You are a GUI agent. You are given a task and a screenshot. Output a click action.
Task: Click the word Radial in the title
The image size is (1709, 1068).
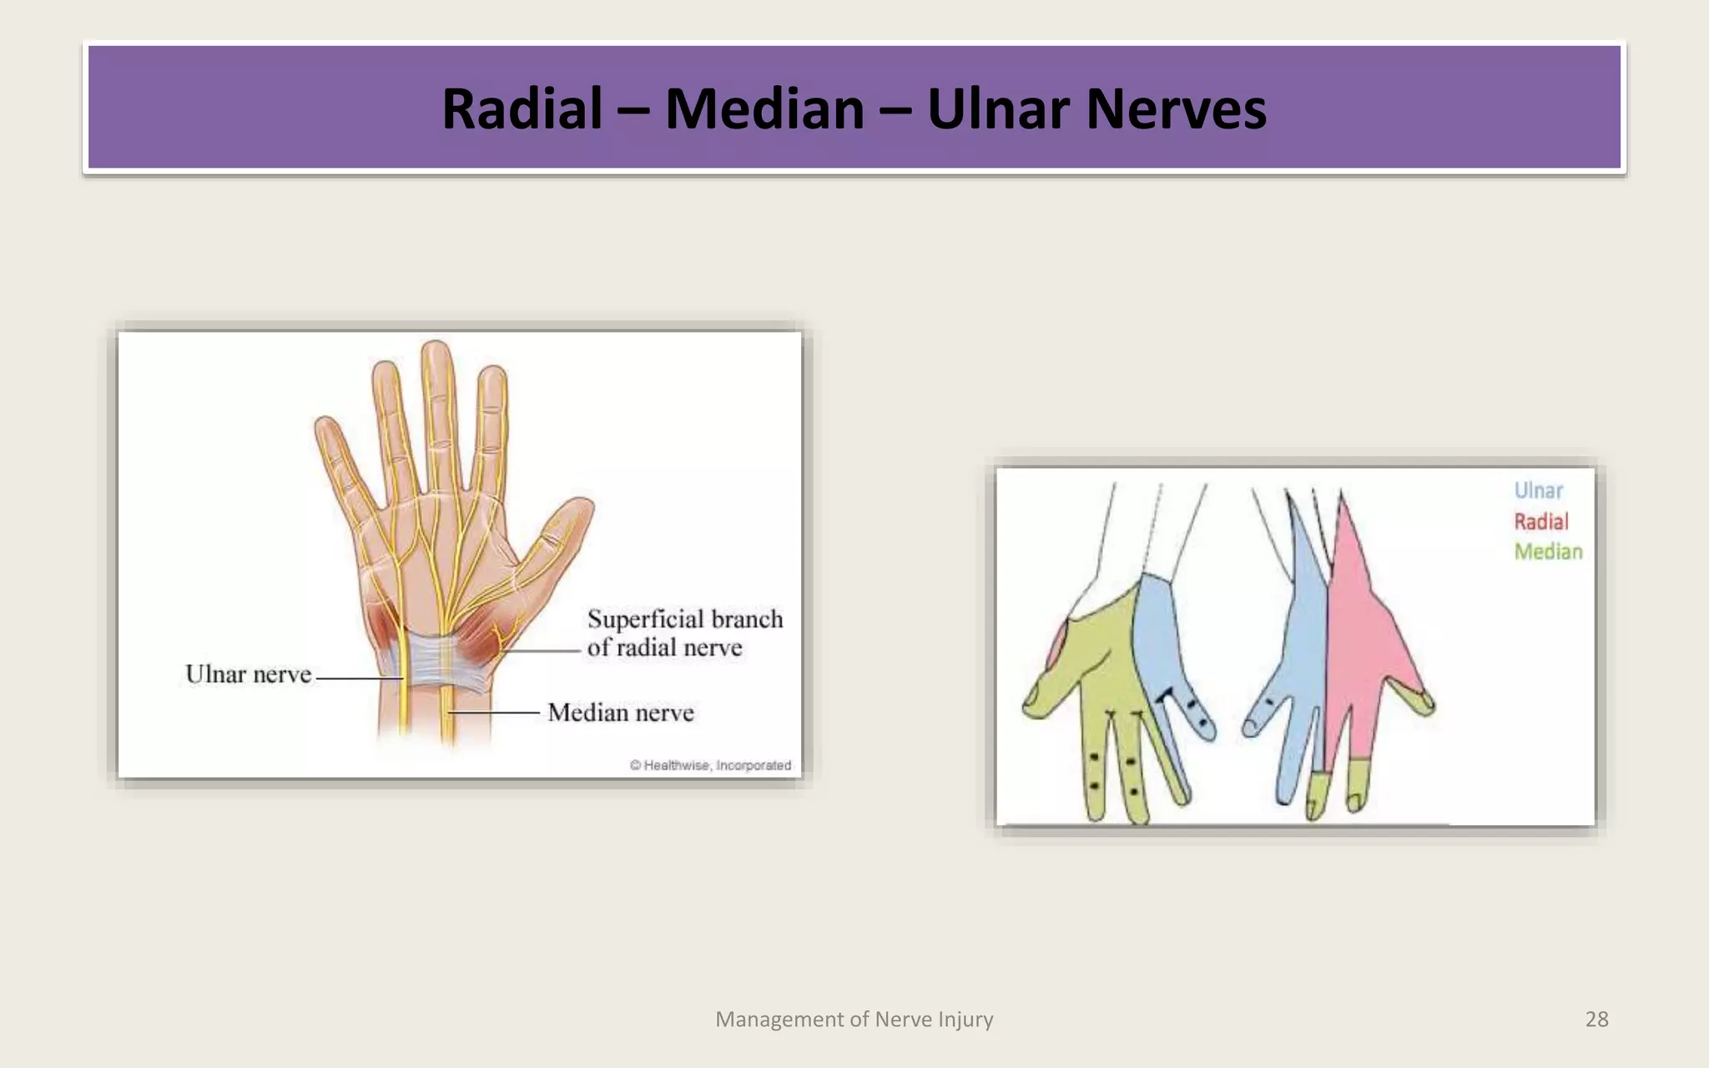(x=522, y=109)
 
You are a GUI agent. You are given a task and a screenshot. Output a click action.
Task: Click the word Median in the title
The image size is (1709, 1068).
(x=764, y=109)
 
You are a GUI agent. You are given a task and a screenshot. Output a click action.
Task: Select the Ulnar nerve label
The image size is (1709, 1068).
(x=248, y=674)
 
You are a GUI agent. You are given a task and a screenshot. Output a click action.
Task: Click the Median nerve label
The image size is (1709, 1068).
(x=620, y=713)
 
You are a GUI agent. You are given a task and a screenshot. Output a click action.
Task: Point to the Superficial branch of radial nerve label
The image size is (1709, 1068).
(x=684, y=632)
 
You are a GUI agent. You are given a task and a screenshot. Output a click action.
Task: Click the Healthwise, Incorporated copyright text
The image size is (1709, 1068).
(x=710, y=765)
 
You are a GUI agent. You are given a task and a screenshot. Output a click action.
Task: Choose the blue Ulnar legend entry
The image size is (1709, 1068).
(x=1538, y=491)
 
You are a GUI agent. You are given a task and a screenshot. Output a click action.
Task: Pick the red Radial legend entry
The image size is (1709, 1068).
(x=1540, y=521)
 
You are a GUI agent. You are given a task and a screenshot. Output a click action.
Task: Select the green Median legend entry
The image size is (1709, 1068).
(x=1548, y=552)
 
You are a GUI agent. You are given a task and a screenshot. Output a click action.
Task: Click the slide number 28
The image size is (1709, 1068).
(x=1596, y=1019)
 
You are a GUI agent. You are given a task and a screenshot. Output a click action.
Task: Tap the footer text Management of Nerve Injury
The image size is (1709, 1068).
(x=854, y=1019)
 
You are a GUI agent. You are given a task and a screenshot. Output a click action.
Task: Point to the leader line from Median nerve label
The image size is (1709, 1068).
(x=497, y=713)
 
